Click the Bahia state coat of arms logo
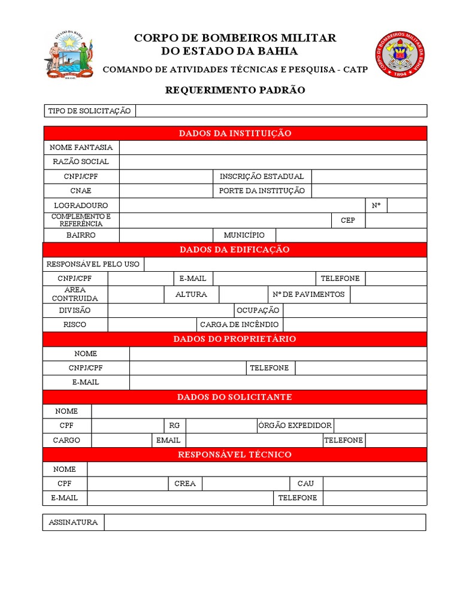[68, 55]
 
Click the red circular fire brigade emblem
[399, 54]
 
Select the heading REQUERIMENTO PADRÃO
[235, 90]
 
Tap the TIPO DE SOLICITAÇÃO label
[89, 111]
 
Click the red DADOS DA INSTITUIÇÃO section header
[235, 133]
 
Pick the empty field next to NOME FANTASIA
[273, 147]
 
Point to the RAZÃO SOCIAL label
[81, 162]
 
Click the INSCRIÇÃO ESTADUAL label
[262, 177]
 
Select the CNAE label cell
[81, 191]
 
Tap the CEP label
[348, 220]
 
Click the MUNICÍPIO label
[244, 235]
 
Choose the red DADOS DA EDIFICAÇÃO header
[235, 250]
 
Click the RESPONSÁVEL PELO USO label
[93, 264]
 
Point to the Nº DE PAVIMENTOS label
[308, 295]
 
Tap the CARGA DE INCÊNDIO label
[239, 324]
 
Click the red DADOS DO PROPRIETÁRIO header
[235, 339]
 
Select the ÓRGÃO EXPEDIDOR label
[295, 426]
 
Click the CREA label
[185, 483]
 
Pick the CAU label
[305, 483]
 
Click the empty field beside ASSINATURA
[265, 523]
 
